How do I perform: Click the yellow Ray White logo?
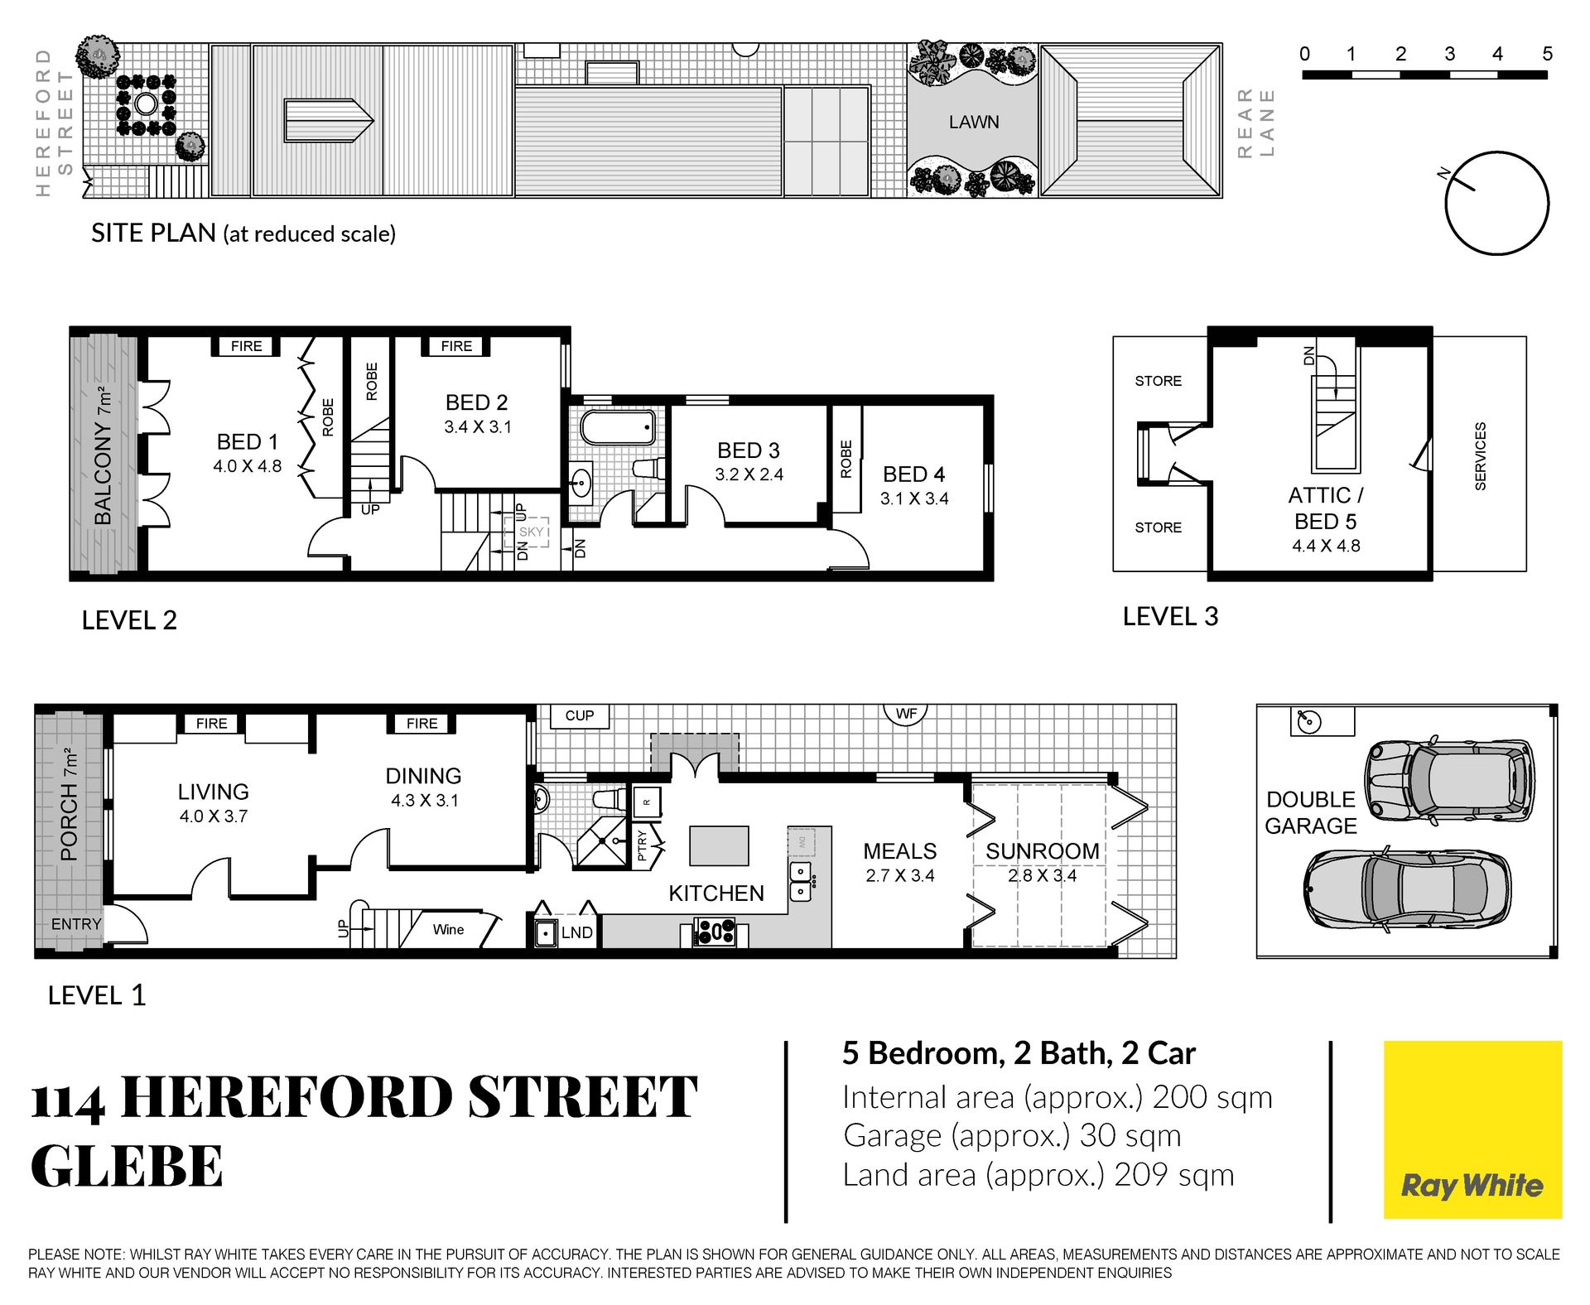point(1472,1129)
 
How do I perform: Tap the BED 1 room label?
point(247,442)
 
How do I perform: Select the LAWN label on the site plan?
point(974,123)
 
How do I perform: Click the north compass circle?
point(1497,203)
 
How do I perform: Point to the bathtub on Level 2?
point(618,428)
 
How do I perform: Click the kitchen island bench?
point(719,845)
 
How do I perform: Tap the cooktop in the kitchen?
point(714,932)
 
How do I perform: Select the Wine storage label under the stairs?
point(448,930)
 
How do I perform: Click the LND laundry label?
point(576,932)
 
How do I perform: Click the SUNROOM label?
point(1043,851)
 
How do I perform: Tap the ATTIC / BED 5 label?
point(1326,508)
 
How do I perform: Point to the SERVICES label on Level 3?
point(1481,456)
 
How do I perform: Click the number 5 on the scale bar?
point(1547,54)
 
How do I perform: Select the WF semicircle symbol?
point(906,713)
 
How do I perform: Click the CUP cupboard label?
point(580,715)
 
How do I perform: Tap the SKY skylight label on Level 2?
point(531,532)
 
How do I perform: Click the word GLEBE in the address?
point(127,1166)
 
